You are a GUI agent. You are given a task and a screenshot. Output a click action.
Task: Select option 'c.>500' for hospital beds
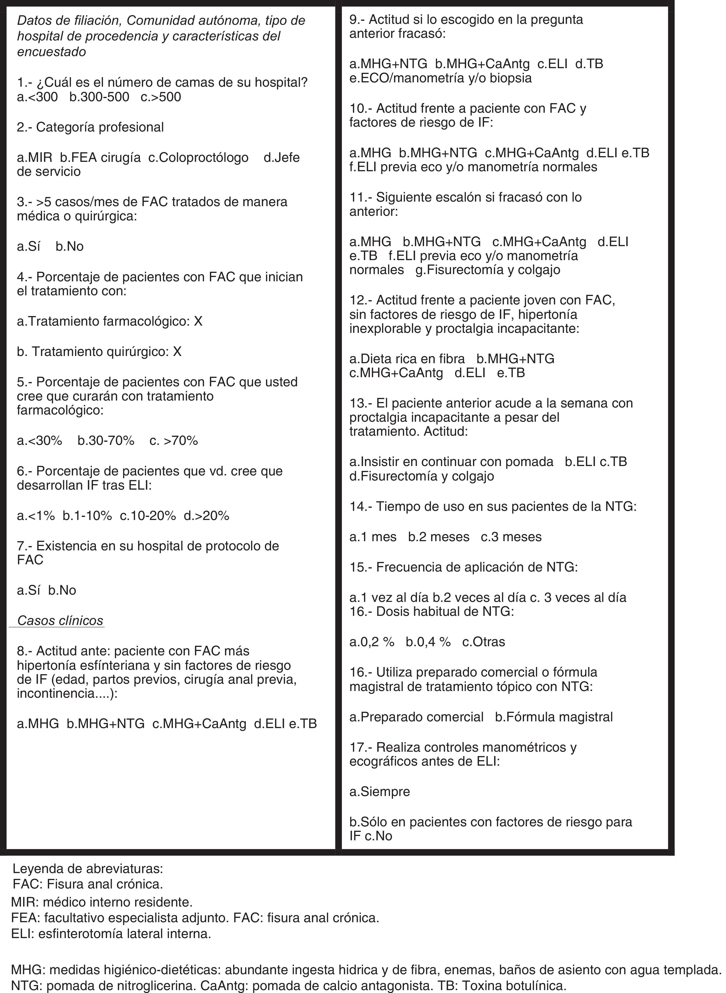161,97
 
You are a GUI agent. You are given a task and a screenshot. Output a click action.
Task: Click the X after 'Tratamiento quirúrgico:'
177,352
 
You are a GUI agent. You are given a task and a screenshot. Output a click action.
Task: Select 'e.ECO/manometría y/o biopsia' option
440,78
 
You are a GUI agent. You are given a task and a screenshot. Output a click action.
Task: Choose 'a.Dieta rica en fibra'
407,359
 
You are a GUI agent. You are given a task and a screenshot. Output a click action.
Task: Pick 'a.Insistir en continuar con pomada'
451,461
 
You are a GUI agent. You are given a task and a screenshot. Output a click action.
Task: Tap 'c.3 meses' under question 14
511,537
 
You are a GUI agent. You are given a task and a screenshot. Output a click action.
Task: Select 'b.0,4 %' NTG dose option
428,642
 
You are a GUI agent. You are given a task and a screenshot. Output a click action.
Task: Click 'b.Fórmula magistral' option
554,717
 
